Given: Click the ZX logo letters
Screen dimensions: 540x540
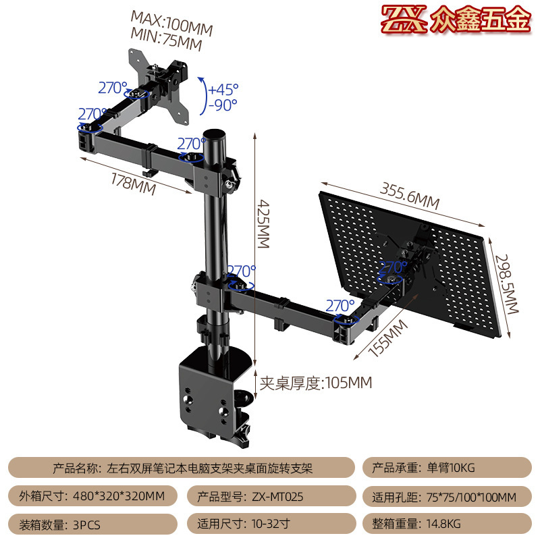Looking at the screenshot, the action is pos(403,21).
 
